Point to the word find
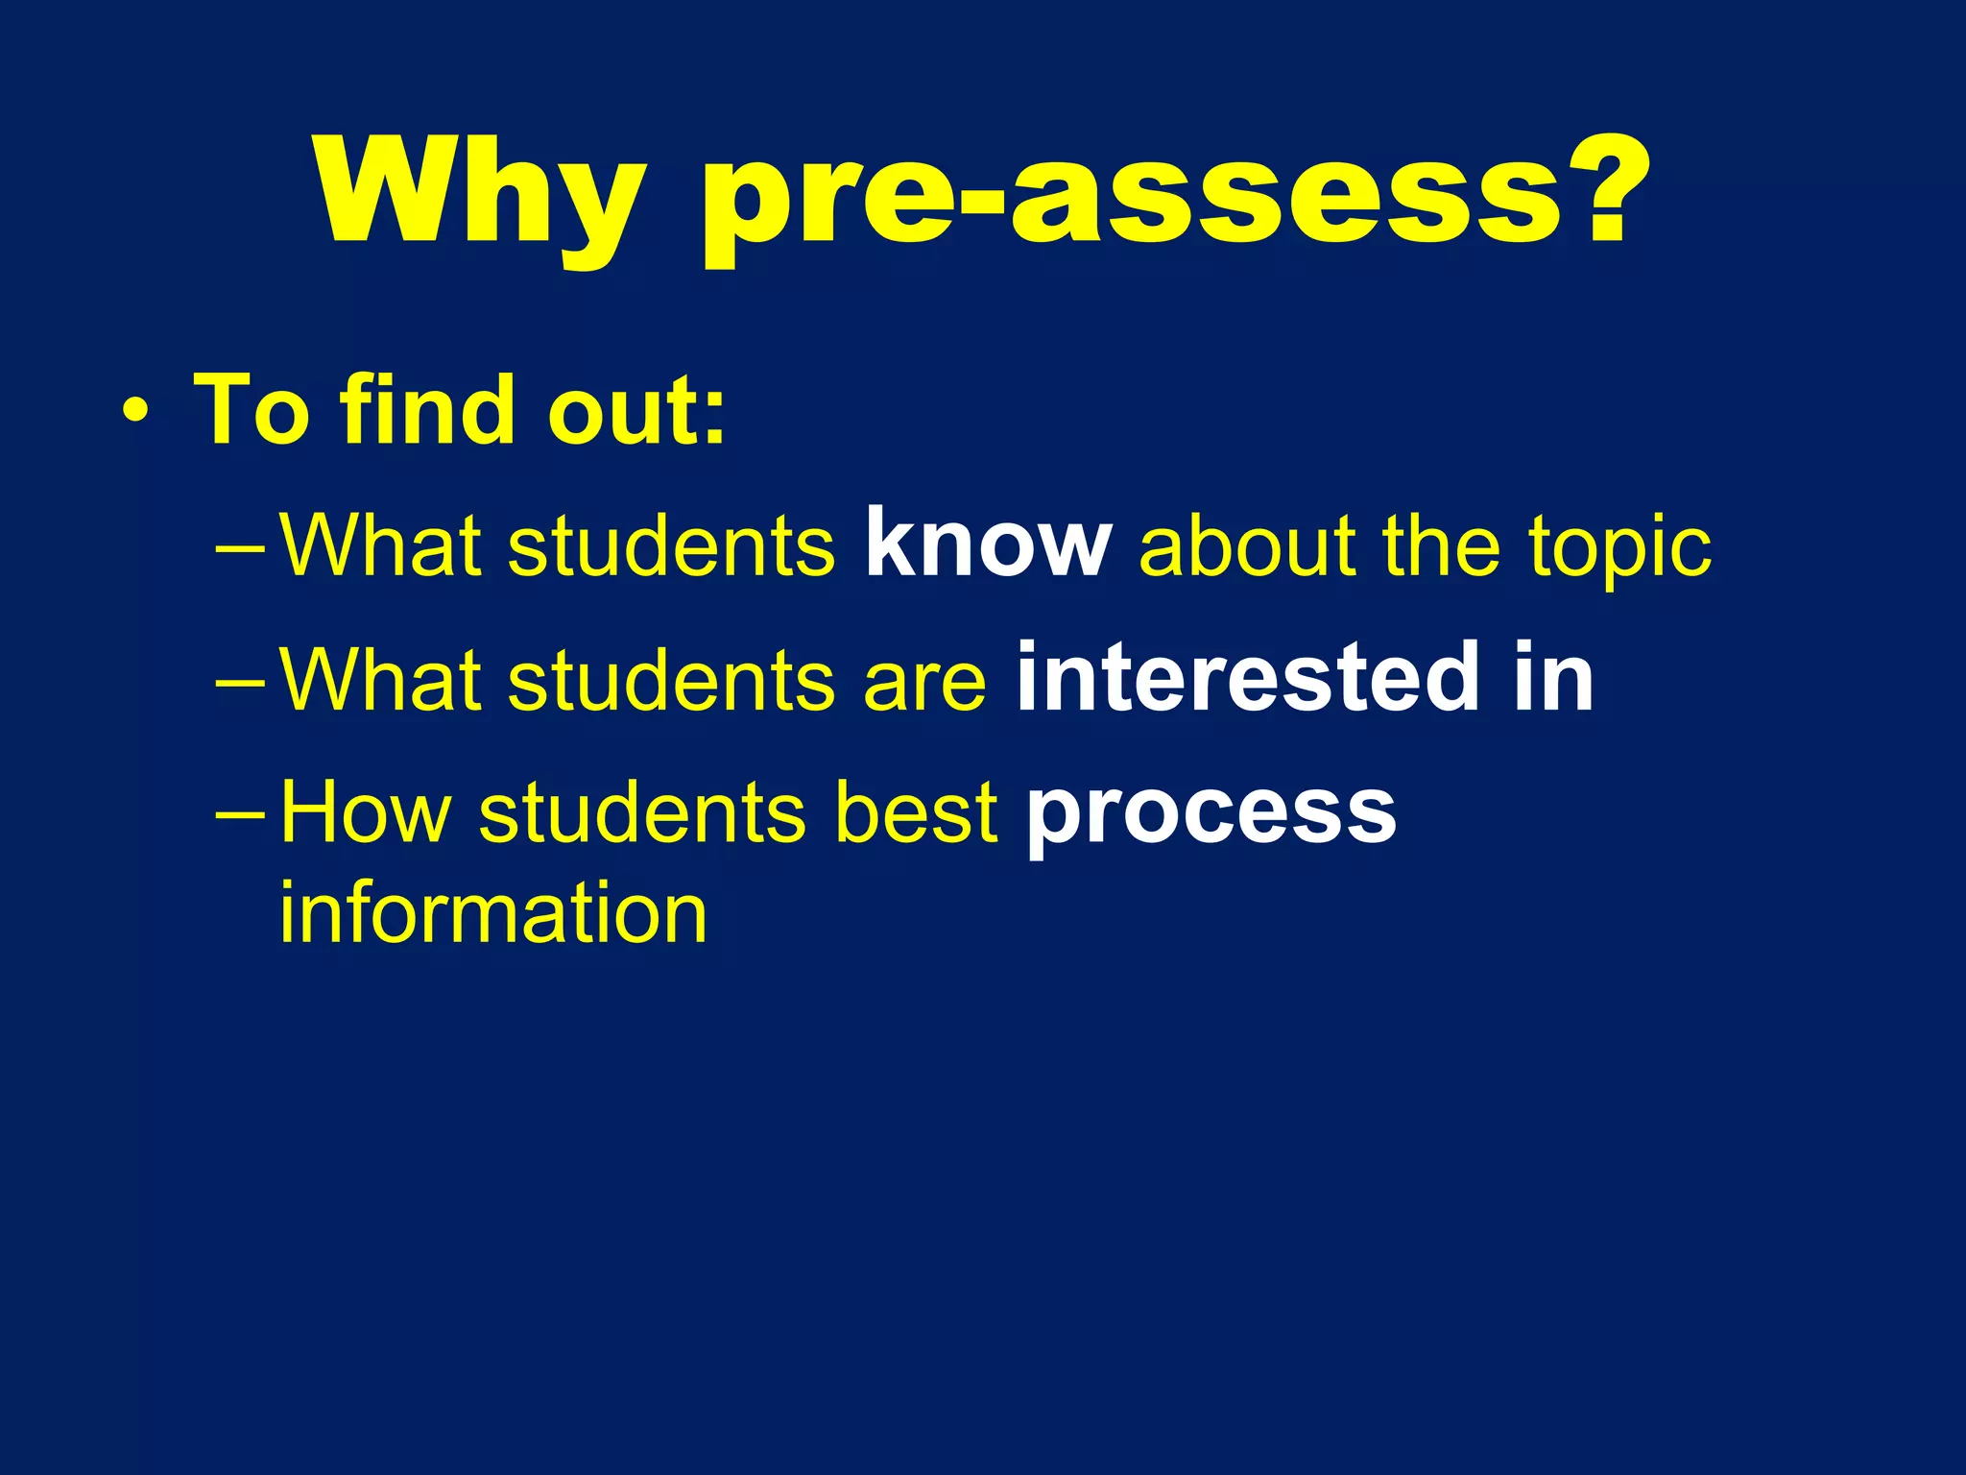click(428, 410)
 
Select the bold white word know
click(988, 544)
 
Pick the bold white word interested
click(1248, 678)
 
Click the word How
click(366, 812)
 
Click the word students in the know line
click(672, 545)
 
